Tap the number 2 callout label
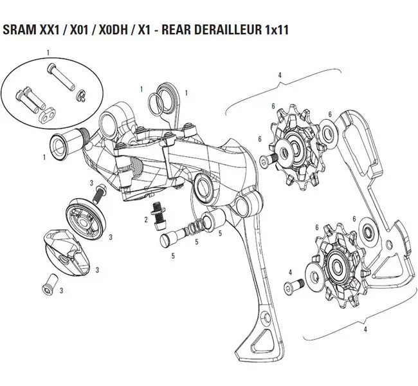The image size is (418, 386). pos(147,219)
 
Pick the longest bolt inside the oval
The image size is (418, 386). pos(58,76)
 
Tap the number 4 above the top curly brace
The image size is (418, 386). pos(279,75)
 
